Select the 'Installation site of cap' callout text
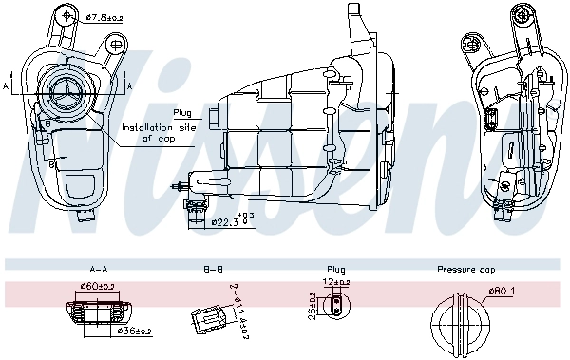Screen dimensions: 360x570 point(160,131)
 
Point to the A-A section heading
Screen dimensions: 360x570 point(98,269)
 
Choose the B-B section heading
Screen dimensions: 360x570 point(212,269)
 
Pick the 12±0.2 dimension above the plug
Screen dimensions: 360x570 point(337,282)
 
